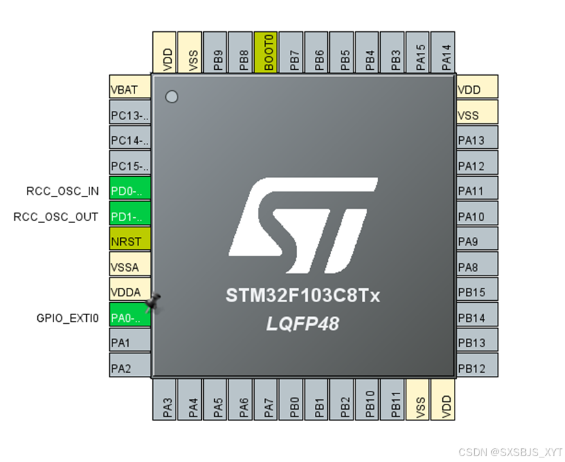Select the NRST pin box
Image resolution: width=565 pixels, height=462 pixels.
[130, 241]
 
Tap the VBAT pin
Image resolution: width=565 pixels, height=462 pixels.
[130, 89]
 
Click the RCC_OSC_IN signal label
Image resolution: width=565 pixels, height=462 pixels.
[63, 191]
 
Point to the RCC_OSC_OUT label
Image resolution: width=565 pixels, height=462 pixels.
[56, 217]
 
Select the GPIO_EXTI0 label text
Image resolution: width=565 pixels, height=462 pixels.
[67, 318]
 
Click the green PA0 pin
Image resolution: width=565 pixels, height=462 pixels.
[130, 317]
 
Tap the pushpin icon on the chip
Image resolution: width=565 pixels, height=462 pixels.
[153, 303]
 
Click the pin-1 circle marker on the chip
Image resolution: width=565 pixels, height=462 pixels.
[172, 97]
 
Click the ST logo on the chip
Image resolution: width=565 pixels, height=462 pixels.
[303, 225]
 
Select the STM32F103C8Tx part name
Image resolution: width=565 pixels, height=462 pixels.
[302, 296]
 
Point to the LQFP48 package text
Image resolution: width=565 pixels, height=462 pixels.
[302, 323]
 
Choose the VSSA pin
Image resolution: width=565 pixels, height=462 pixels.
[130, 266]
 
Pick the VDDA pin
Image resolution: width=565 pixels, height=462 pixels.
[130, 292]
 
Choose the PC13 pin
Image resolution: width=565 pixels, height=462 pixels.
[130, 115]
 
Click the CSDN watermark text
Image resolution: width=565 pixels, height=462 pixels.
[509, 452]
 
